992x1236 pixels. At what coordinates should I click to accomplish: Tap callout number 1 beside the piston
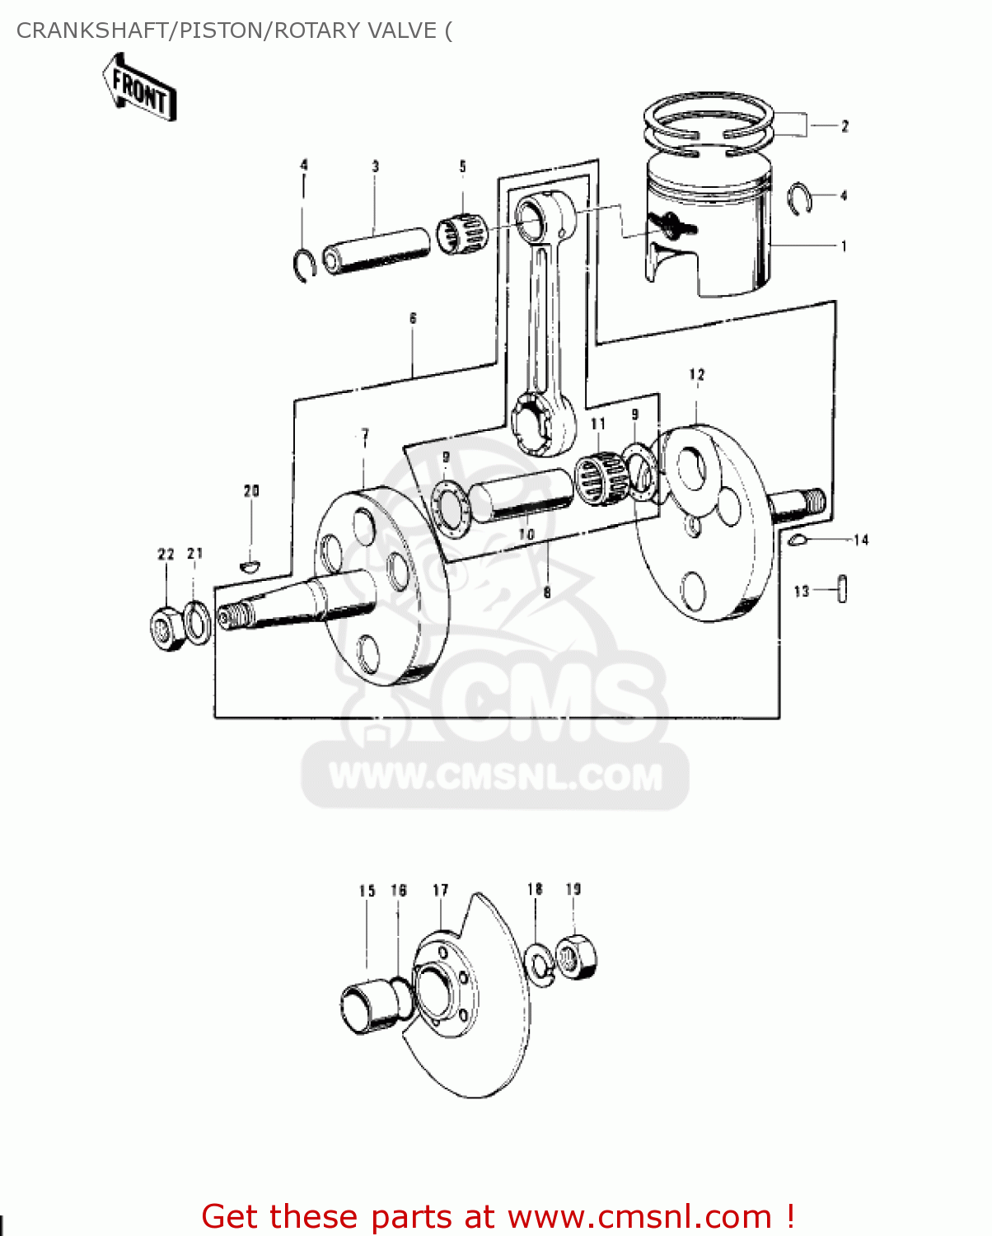click(x=843, y=246)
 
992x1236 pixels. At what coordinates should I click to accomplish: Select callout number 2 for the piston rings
click(x=845, y=126)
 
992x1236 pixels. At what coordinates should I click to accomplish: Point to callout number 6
click(x=413, y=318)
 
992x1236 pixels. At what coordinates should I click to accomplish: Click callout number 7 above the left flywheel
click(x=364, y=434)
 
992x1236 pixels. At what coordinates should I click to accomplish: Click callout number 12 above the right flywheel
click(x=697, y=375)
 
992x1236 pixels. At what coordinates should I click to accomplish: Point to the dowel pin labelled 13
click(x=841, y=590)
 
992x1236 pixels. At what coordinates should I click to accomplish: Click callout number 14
click(x=861, y=540)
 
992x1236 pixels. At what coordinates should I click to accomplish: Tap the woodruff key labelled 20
click(x=250, y=566)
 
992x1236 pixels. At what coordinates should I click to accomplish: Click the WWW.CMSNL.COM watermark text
click(x=495, y=776)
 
